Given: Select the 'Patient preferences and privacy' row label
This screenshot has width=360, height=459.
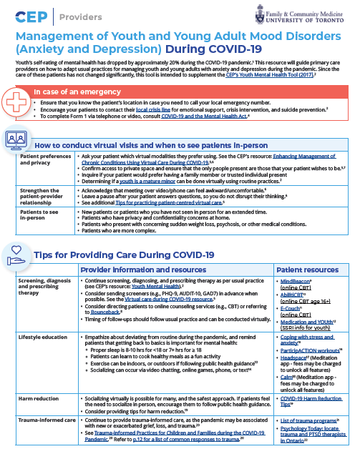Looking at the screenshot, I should [x=45, y=159].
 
